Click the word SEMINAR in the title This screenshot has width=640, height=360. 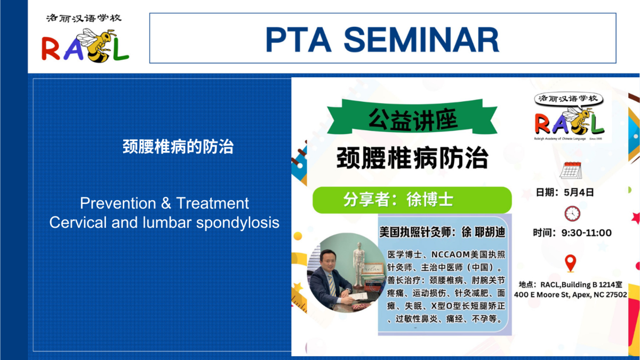coord(421,39)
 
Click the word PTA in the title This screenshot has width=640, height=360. coord(299,39)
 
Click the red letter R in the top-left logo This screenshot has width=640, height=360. coord(51,49)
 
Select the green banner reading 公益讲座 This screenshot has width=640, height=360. coord(412,117)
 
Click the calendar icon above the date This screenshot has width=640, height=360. coord(571,170)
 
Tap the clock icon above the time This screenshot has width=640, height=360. coord(572,213)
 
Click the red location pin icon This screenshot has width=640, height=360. coord(570,263)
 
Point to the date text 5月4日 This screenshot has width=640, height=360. coord(579,193)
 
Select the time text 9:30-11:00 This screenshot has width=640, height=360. coord(587,233)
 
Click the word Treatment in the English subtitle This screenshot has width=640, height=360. coord(213,203)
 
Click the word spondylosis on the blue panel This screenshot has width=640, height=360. coord(238,223)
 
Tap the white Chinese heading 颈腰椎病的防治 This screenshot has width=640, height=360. coord(178,147)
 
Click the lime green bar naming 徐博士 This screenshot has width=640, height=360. coord(412,199)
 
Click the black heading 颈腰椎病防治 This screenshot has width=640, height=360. coord(412,158)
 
